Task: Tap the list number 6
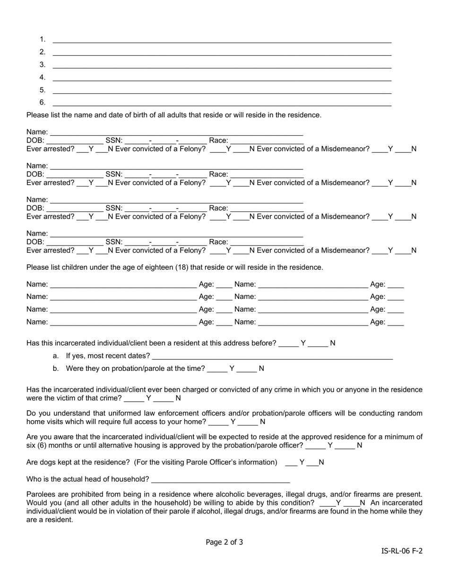point(43,102)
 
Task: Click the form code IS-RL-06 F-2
point(402,551)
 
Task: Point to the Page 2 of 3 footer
point(224,542)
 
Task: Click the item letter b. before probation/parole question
point(56,368)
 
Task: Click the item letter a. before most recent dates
point(56,356)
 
